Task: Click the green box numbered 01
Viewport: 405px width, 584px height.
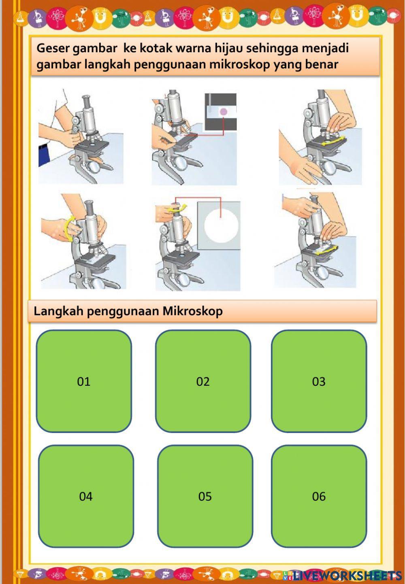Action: (84, 381)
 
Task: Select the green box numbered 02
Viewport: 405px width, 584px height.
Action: (203, 381)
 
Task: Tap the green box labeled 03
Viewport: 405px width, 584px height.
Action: (319, 381)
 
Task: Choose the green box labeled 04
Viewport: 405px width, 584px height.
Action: (86, 496)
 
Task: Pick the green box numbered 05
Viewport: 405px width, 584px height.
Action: (205, 496)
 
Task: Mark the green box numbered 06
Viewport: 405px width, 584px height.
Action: (319, 496)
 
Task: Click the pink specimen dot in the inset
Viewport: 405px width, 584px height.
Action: (223, 112)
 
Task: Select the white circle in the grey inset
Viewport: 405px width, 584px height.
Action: (221, 225)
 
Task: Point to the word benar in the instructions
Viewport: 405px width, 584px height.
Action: (322, 64)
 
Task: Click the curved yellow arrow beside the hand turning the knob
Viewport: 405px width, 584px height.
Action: (69, 229)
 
